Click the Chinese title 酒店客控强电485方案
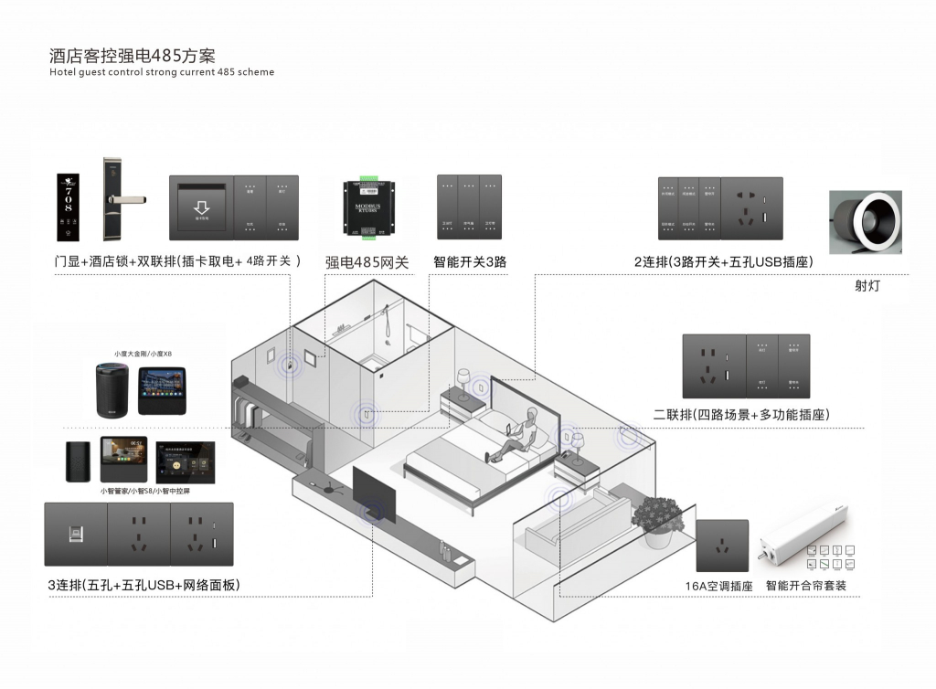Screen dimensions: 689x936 point(133,56)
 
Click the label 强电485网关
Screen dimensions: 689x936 point(367,262)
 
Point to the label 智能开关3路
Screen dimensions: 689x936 point(470,262)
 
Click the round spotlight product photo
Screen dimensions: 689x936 point(865,222)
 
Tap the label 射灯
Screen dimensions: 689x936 point(867,286)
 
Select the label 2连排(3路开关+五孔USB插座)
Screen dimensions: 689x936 point(724,262)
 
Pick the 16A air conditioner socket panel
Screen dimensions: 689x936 point(723,546)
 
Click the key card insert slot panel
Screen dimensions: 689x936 point(201,208)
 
